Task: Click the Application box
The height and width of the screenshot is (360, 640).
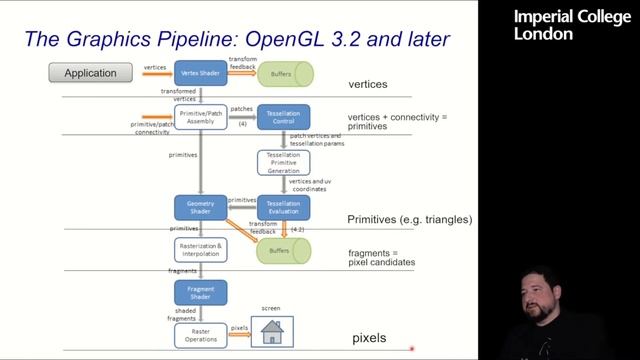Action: pos(91,72)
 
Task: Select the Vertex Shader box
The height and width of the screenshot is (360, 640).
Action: pos(201,72)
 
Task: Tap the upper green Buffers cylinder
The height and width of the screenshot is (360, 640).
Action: pos(285,73)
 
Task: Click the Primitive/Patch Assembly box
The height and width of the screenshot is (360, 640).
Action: pos(201,118)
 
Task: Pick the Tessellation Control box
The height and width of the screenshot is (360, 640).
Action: pos(284,118)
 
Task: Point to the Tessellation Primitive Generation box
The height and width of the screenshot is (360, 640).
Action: pos(284,162)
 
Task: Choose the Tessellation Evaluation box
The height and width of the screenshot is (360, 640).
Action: pos(284,206)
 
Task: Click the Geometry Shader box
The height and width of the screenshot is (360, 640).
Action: pos(201,206)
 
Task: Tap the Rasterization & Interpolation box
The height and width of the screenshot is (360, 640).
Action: pos(201,250)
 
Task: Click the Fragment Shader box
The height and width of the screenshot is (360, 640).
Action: pos(201,293)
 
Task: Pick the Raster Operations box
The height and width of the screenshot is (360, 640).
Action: pos(201,336)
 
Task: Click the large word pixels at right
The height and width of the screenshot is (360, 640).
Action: pos(369,338)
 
